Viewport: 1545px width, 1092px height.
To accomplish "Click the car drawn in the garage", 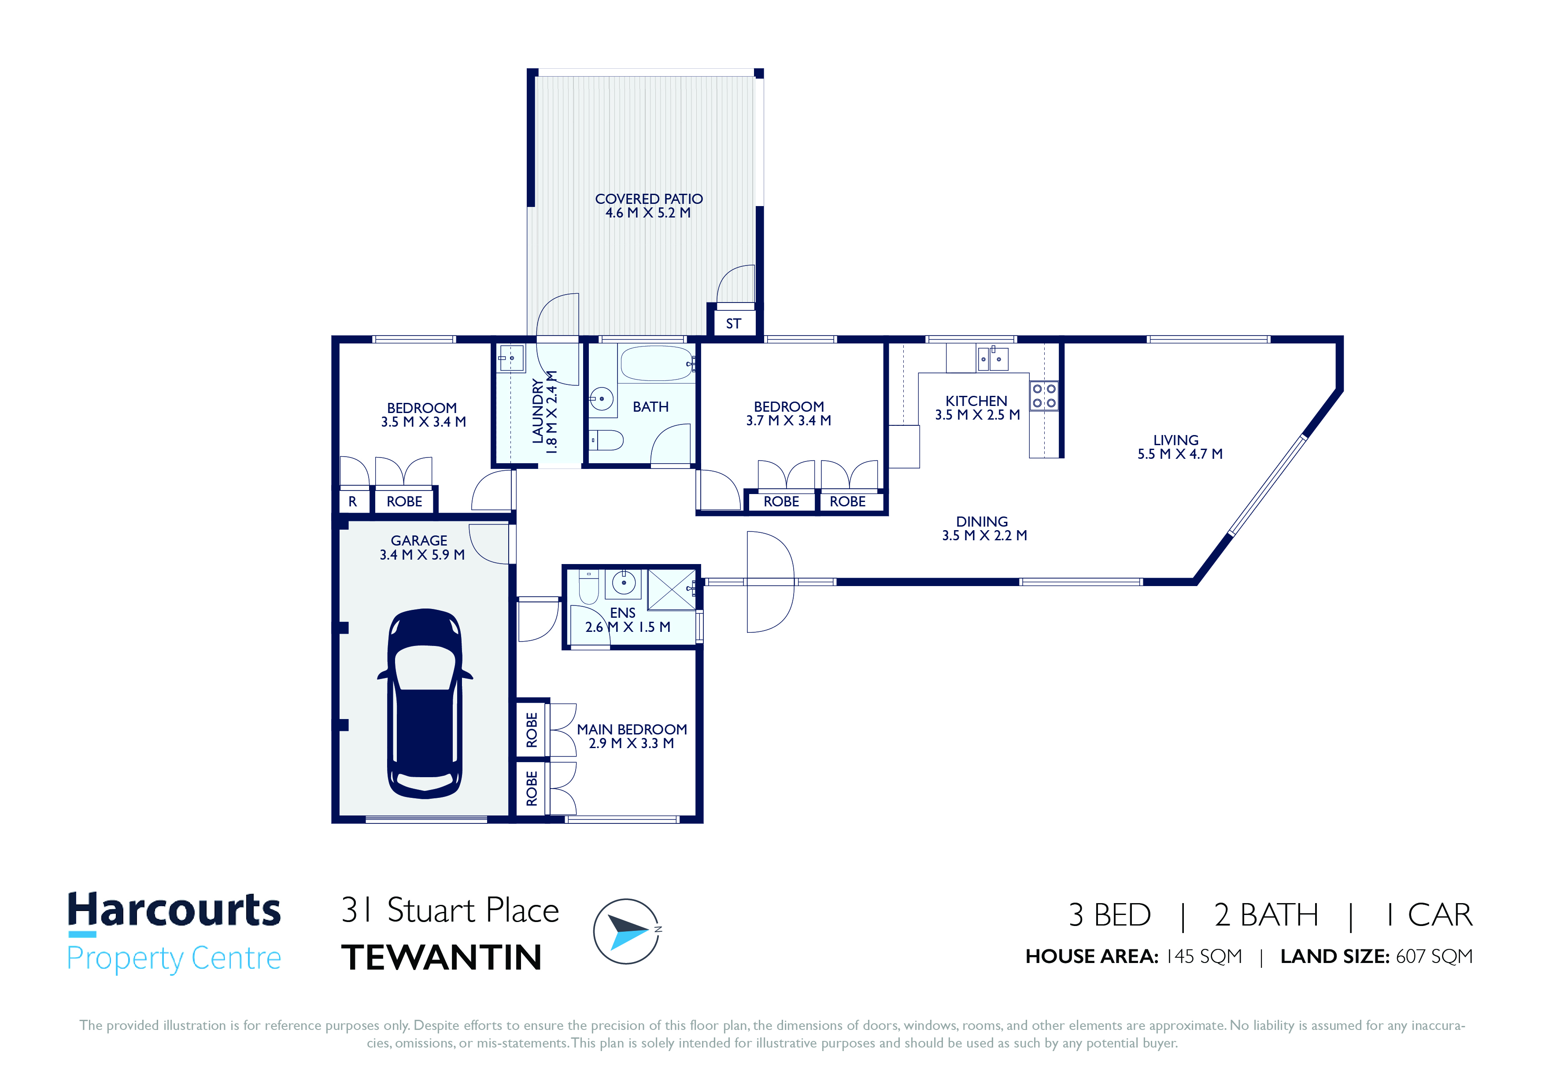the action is point(425,703).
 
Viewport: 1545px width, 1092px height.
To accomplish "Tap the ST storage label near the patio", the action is point(733,324).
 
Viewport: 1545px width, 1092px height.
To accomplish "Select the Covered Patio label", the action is point(649,199).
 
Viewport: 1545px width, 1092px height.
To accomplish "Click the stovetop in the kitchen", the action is point(1044,395).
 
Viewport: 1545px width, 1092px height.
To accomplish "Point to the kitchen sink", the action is point(993,358).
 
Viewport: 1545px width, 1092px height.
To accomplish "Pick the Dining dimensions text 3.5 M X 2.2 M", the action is point(984,535).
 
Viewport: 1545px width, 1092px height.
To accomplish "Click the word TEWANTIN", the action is point(441,957).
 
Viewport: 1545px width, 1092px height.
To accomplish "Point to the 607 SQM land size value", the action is point(1434,956).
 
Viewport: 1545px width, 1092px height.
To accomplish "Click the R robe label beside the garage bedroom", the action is point(353,501).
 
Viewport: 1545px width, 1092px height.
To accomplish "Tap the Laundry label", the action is point(538,411).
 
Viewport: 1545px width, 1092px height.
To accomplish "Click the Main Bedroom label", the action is point(632,729).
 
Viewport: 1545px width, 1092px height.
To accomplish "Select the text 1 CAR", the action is point(1429,915).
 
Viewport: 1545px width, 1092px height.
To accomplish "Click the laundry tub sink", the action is point(511,358).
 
